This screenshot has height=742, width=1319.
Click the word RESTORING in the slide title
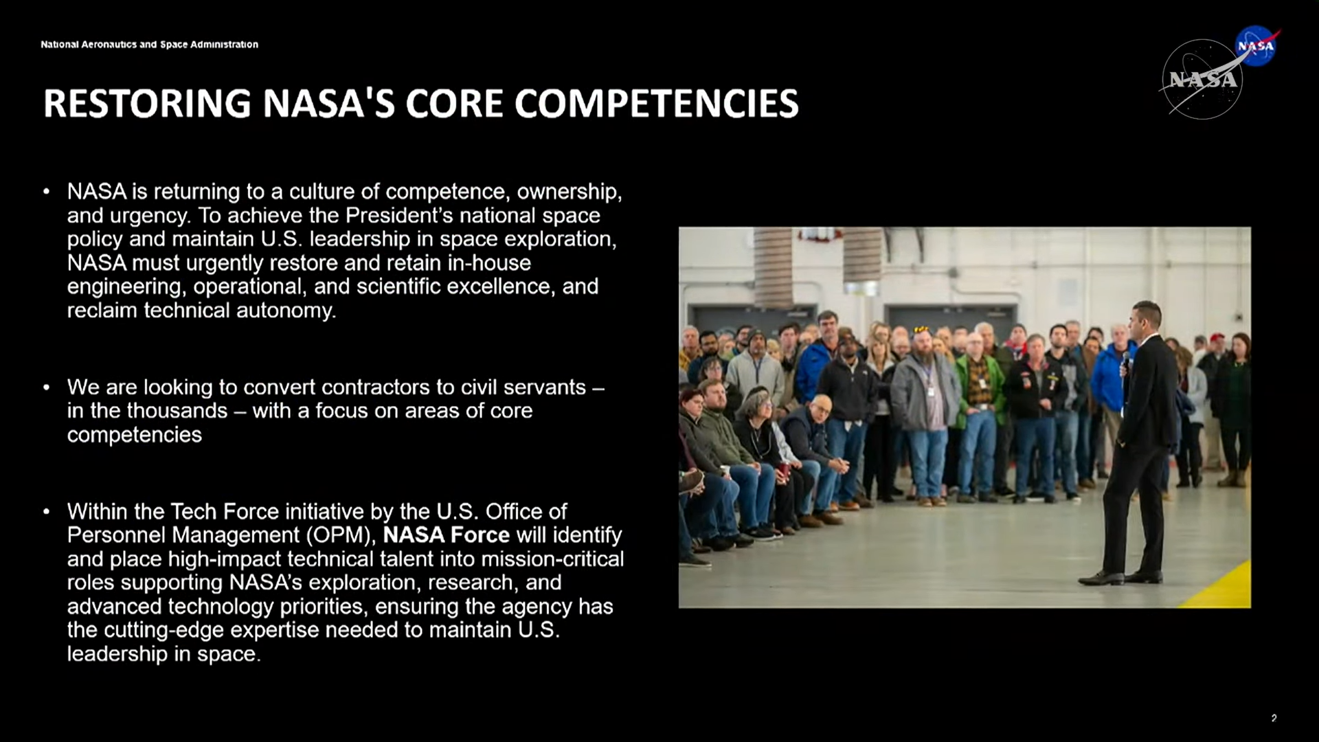tap(148, 103)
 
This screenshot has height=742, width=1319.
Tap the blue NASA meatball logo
tap(1256, 45)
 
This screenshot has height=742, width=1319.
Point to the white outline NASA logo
tap(1202, 79)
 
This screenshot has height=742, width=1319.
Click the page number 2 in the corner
tap(1274, 718)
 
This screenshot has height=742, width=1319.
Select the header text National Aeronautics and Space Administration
tap(149, 45)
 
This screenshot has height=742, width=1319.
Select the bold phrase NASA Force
tap(447, 535)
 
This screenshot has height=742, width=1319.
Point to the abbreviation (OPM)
tap(341, 535)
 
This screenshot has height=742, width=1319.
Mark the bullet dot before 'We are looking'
tap(46, 387)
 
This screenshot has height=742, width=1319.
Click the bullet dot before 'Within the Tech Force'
tap(46, 512)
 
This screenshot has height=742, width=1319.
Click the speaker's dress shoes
tap(1121, 578)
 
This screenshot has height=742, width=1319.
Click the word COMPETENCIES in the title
tap(656, 103)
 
